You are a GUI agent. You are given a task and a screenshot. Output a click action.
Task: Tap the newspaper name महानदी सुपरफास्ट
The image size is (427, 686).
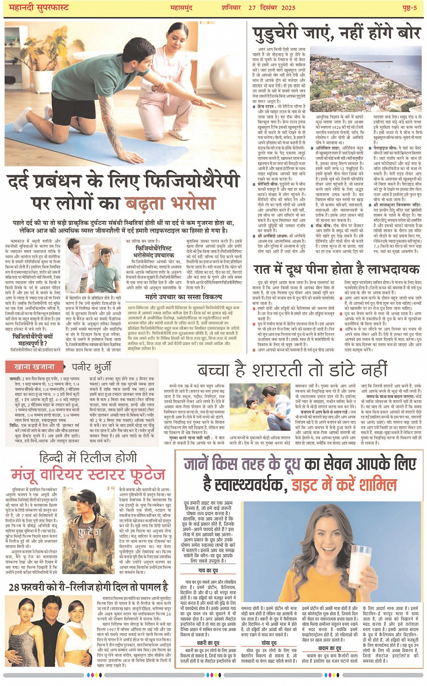39,8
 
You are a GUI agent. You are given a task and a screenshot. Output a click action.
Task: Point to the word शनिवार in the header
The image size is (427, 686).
232,8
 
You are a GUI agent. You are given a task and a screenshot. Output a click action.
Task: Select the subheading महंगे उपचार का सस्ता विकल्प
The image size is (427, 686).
183,297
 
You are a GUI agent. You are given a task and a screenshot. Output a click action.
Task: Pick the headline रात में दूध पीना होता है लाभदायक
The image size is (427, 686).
336,270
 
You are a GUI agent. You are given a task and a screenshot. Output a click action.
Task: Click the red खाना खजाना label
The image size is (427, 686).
34,367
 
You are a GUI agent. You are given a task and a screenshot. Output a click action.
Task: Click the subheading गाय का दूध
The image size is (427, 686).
208,570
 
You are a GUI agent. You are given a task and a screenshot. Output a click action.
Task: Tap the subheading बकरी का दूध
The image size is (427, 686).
208,643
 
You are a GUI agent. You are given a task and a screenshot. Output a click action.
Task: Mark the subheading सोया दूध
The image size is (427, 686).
268,643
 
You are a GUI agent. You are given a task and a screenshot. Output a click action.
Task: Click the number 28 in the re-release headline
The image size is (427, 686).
14,587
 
